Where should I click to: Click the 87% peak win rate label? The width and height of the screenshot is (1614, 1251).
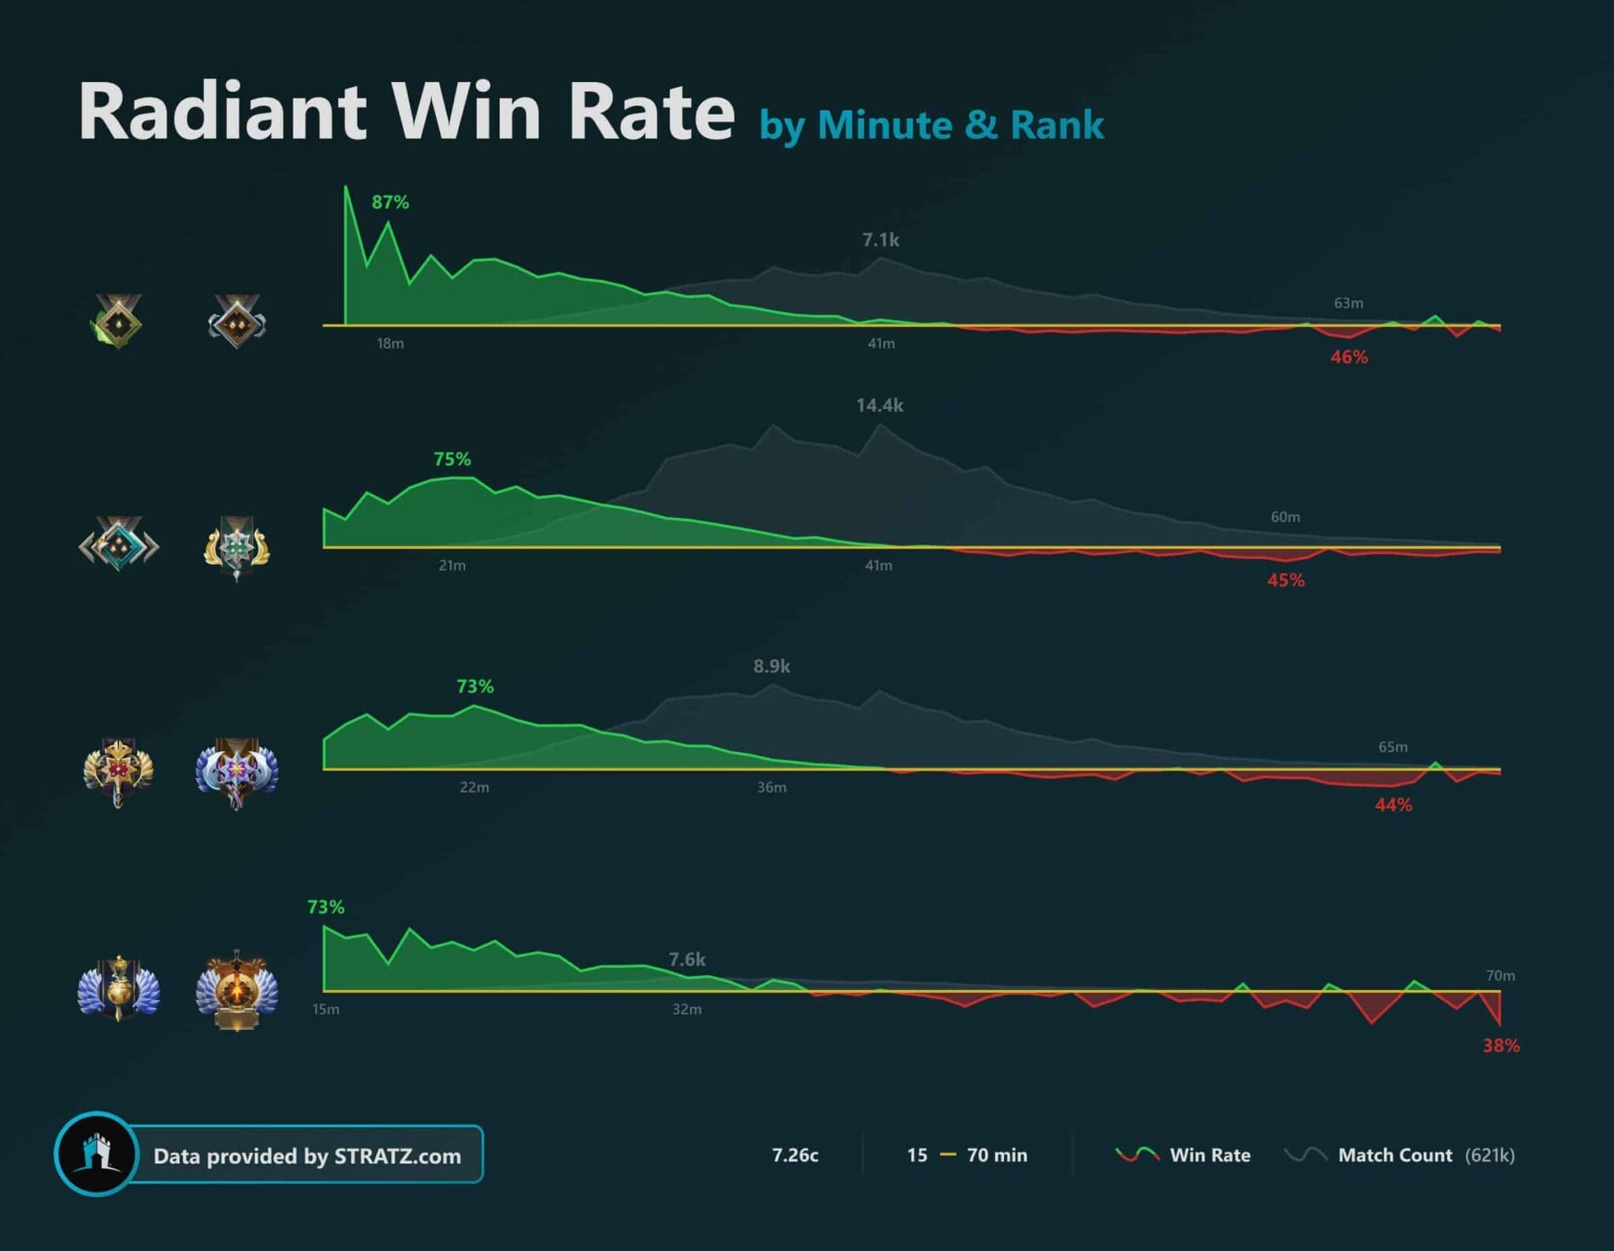pos(390,203)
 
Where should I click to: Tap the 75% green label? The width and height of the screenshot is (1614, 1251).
pos(452,460)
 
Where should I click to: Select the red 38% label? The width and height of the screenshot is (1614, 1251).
pos(1501,1046)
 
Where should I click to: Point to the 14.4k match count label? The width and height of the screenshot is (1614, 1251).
pos(880,406)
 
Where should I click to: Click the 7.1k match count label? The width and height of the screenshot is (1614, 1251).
pos(880,240)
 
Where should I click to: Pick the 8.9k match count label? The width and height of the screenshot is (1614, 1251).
pos(772,667)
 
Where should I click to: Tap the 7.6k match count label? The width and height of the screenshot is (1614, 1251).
pos(687,960)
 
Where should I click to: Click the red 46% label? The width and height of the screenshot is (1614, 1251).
pos(1349,358)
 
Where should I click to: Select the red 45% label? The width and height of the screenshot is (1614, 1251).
pos(1285,581)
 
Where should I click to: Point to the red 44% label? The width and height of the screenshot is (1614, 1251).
pos(1393,806)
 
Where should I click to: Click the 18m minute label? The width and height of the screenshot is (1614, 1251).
pos(390,344)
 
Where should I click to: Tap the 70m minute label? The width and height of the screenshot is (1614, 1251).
pos(1501,976)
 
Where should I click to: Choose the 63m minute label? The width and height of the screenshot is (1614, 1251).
pos(1348,303)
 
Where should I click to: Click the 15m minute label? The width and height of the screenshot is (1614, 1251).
pos(325,1010)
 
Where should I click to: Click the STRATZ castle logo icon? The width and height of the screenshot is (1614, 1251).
pos(97,1155)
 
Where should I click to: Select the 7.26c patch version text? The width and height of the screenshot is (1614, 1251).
pos(795,1156)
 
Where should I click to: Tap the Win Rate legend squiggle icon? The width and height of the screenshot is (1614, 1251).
pos(1137,1155)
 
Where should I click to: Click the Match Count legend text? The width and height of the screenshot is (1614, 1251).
pos(1395,1156)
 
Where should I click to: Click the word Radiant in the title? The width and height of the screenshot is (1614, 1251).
pos(223,112)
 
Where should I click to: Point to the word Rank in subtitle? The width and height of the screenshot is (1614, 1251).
pos(1057,125)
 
